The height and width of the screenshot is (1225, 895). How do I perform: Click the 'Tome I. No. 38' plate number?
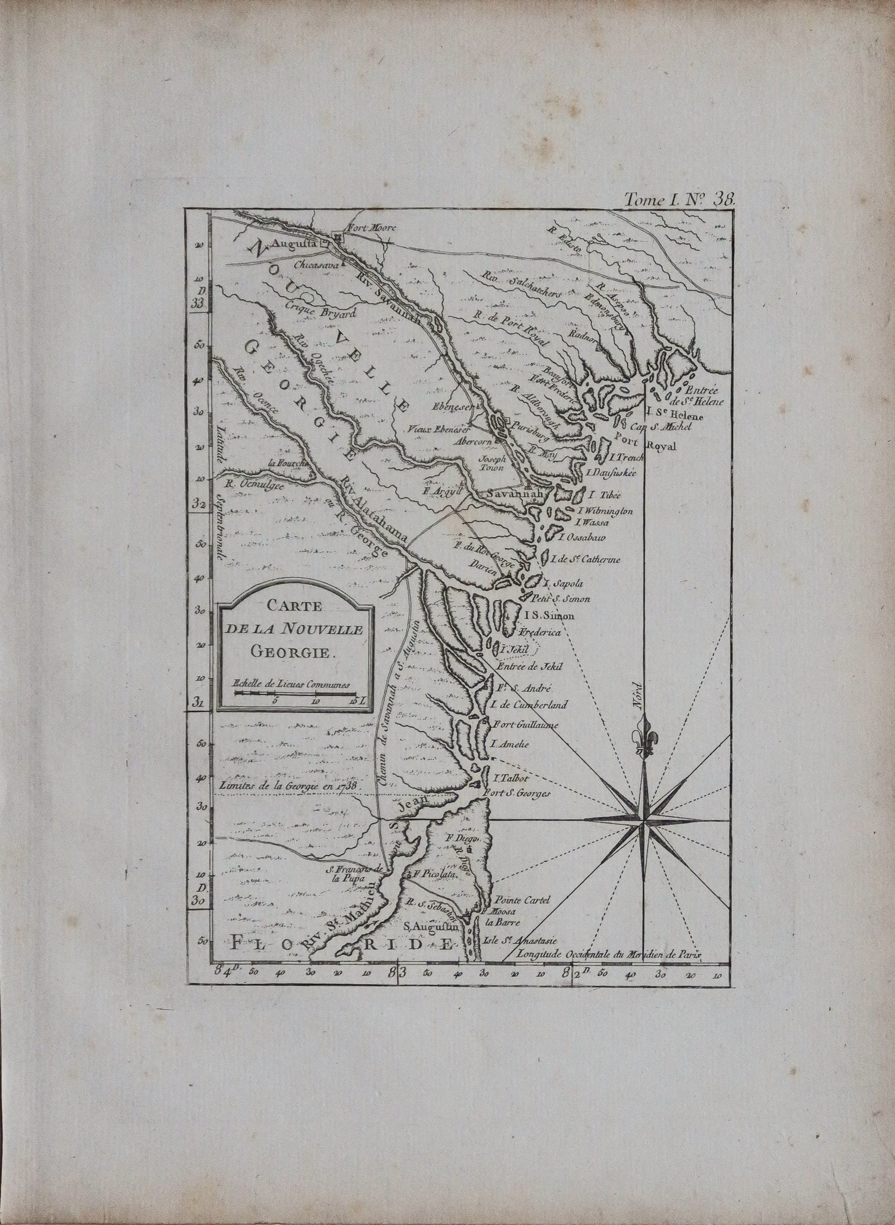click(680, 198)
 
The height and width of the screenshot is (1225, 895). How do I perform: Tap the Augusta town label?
click(292, 244)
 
